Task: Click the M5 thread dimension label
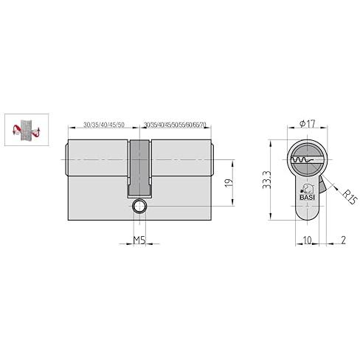(x=139, y=240)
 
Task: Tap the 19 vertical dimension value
(x=229, y=183)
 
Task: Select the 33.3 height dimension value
(x=266, y=180)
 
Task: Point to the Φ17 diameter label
(x=308, y=124)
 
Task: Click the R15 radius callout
(x=350, y=196)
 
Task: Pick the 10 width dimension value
(x=307, y=240)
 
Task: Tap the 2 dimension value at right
(x=343, y=240)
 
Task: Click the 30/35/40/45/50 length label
(x=104, y=125)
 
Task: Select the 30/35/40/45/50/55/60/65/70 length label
(x=175, y=125)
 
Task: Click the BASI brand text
(x=308, y=198)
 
